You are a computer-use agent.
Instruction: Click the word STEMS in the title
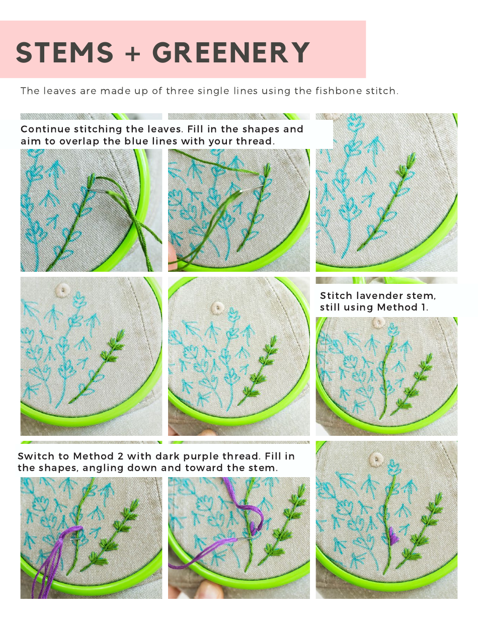click(x=64, y=53)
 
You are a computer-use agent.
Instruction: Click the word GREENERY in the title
click(x=230, y=53)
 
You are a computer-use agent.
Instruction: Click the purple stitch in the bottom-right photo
click(x=394, y=538)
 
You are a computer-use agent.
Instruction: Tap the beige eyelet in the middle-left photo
click(x=63, y=289)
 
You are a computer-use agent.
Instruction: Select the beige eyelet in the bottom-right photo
click(x=376, y=458)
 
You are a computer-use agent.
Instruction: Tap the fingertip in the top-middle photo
click(x=173, y=256)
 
